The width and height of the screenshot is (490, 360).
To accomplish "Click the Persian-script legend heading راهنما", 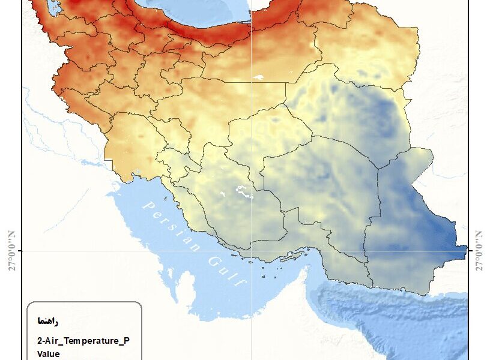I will click(x=47, y=322).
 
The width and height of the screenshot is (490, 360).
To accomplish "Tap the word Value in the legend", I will click(x=48, y=353).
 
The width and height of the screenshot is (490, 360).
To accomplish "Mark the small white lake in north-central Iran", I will click(x=259, y=77).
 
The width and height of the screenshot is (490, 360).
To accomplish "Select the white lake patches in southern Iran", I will click(x=243, y=191).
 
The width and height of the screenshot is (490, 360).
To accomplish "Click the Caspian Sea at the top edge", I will click(x=198, y=15).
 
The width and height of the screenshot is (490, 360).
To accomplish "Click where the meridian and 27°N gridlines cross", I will click(x=252, y=250).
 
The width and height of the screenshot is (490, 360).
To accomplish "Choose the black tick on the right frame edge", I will click(x=468, y=250).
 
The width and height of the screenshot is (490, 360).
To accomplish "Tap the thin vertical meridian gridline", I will click(x=252, y=120).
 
